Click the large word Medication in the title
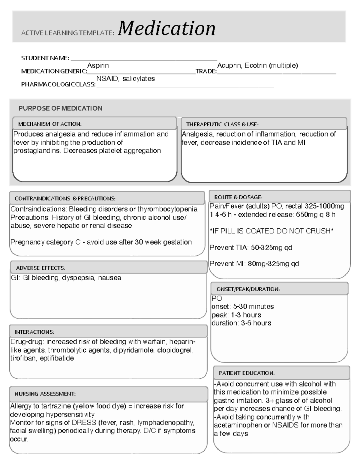click(x=166, y=29)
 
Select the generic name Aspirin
click(x=98, y=65)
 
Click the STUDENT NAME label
click(x=45, y=58)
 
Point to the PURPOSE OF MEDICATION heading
click(x=60, y=108)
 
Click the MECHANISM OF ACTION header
click(x=50, y=124)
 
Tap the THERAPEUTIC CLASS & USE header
click(x=222, y=124)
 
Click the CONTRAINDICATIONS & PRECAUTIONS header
click(x=65, y=199)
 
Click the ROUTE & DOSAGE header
click(x=238, y=197)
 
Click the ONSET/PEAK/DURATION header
click(x=248, y=289)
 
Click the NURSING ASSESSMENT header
click(x=45, y=394)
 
